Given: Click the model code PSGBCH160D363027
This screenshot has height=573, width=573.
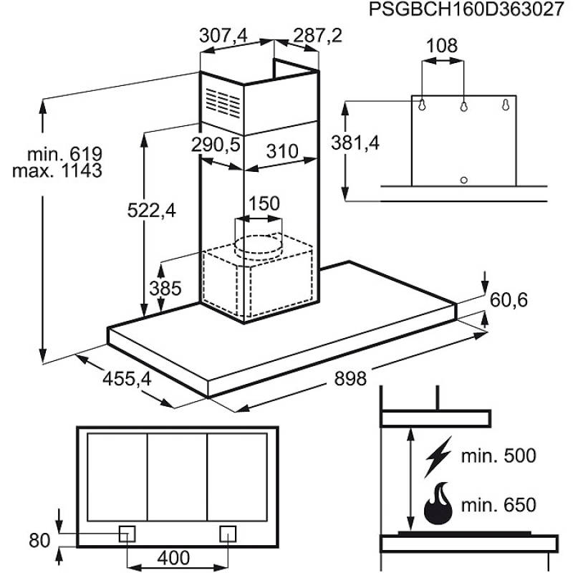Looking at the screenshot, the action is coord(467,9).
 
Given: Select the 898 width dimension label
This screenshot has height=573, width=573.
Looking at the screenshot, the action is coord(350,379).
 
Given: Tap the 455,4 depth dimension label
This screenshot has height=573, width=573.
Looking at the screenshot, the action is coord(127,379).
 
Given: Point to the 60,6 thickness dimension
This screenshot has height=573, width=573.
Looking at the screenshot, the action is coord(509,300).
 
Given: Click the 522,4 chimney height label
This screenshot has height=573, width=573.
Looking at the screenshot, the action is coord(152,211).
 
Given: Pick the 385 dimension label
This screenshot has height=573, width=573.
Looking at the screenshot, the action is coord(165,289).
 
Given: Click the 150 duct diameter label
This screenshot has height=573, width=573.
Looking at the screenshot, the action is coord(264,203).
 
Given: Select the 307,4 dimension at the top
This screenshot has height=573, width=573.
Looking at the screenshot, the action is coord(223,36).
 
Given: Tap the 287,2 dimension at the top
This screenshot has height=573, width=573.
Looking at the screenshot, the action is coord(317,36).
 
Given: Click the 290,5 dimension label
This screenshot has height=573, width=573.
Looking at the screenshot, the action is coord(216,145).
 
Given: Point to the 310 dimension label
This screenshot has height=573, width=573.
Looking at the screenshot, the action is coord(282,151).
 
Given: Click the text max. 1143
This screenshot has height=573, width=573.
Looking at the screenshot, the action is coord(57,170).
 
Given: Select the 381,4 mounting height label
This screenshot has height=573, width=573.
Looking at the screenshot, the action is coord(355,143).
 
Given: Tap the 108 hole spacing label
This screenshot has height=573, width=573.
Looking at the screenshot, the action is coord(442,46).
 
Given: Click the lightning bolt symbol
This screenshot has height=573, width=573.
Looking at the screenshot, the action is coord(438,457).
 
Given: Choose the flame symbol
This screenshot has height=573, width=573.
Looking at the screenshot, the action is coord(438,504).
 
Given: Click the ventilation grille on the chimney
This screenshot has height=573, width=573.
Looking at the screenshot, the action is coord(223,102).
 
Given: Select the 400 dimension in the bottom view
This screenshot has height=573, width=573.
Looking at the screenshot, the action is coord(173,558).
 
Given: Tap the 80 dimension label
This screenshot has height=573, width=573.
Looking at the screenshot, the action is coord(39,541).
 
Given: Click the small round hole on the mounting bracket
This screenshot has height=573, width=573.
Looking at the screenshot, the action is coord(463,180).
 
